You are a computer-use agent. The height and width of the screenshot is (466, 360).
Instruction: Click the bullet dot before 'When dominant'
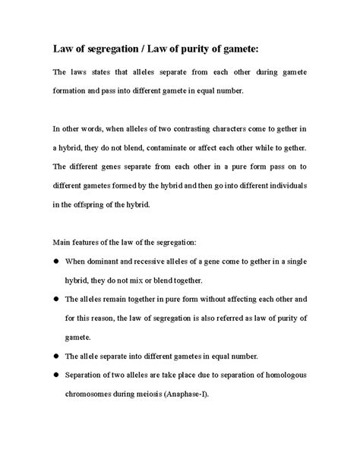56,261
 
